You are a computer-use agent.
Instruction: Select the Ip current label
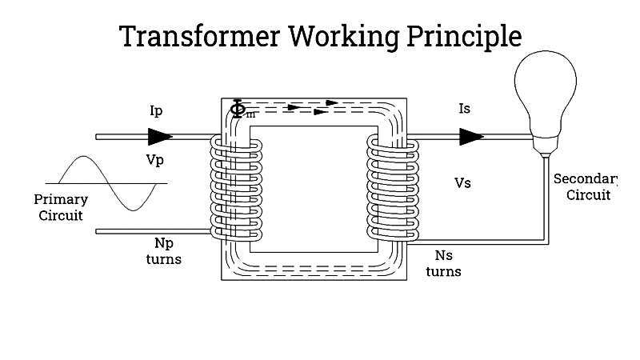tap(157, 110)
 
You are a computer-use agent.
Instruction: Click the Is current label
tap(464, 109)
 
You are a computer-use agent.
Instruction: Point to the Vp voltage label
tap(155, 159)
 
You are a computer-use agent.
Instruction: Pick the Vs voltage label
tap(462, 183)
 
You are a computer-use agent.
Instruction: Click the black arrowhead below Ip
tap(160, 137)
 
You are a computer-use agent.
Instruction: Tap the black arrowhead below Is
tap(471, 137)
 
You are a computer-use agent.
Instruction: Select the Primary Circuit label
tap(61, 207)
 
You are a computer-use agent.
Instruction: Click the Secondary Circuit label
tap(587, 186)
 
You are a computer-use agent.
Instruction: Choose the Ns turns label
tap(443, 263)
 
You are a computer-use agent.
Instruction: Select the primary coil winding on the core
tap(236, 188)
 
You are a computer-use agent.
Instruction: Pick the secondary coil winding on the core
tap(392, 188)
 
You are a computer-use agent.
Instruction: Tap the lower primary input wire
tap(152, 231)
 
